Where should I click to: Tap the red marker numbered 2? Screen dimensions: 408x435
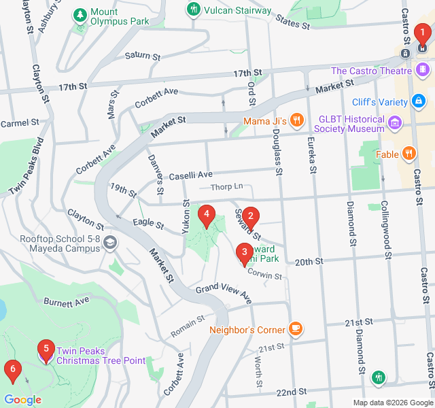(251, 218)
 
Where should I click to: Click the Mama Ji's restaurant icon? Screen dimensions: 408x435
(296, 121)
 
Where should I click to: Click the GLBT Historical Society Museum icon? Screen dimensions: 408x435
(396, 123)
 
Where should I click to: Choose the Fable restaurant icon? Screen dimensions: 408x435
(408, 154)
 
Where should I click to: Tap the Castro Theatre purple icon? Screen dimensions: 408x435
(423, 70)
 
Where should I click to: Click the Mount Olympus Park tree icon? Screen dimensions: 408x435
(80, 15)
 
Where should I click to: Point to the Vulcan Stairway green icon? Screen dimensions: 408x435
(194, 10)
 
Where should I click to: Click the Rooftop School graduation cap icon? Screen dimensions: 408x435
(110, 243)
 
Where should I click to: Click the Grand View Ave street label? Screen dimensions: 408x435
(224, 293)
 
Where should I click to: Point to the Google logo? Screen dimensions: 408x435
(22, 400)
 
